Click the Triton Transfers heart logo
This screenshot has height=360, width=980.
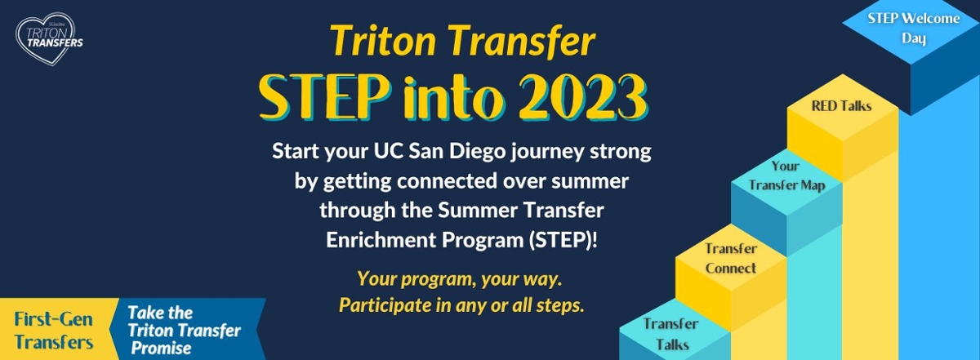pos(49,38)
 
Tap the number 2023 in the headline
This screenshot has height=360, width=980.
pos(584,97)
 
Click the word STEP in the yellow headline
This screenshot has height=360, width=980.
pos(324,97)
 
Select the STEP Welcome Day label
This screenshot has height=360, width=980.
pos(914,28)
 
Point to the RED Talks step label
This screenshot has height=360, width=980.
pos(841,106)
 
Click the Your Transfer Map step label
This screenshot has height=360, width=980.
pos(786,176)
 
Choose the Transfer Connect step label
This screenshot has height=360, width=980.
pos(731,258)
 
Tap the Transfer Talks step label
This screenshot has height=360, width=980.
pos(671,334)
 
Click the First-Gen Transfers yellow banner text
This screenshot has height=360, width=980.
pos(53,331)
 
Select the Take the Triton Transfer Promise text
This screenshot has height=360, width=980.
pos(184,331)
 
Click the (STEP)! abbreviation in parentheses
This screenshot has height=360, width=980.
pos(563,240)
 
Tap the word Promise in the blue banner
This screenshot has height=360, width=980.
pos(161,349)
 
